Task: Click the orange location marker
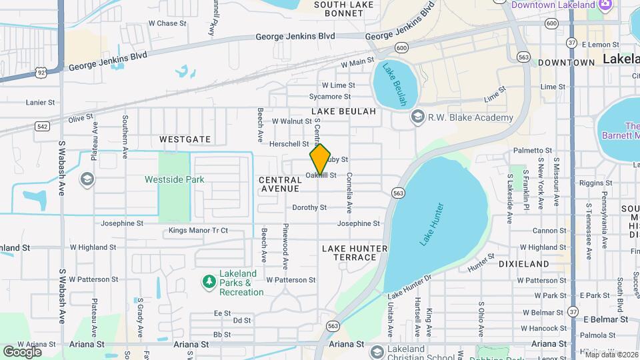320,159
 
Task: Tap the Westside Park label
174,179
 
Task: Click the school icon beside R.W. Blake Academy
417,118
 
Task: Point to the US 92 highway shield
41,71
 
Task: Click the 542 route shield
43,125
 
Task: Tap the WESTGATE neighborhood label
185,139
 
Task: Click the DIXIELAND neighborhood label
524,264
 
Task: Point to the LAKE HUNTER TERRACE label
354,253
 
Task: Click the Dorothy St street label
309,207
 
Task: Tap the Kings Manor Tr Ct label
198,231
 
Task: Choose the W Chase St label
167,23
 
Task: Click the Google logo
23,351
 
